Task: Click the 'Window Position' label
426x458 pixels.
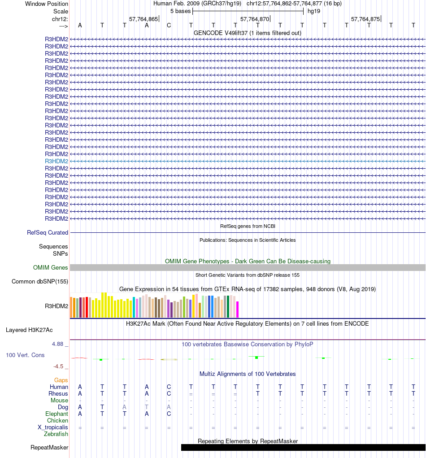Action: click(47, 4)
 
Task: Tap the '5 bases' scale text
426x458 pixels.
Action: click(180, 11)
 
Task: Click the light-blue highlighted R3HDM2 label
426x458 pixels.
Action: click(57, 161)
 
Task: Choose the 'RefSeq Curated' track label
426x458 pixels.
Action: click(48, 233)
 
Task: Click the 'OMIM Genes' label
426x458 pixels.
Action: click(51, 268)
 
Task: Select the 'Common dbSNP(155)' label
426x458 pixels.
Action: click(40, 282)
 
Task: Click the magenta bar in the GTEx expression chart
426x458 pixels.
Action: click(238, 309)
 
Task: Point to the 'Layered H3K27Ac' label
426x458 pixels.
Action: click(29, 330)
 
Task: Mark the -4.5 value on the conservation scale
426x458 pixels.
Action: click(60, 366)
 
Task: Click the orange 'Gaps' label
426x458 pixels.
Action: click(61, 380)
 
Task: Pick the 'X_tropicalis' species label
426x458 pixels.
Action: click(53, 427)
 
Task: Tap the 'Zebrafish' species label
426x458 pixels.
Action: click(56, 434)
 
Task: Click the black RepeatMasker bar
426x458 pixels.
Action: click(303, 447)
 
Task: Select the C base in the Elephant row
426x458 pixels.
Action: click(169, 414)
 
